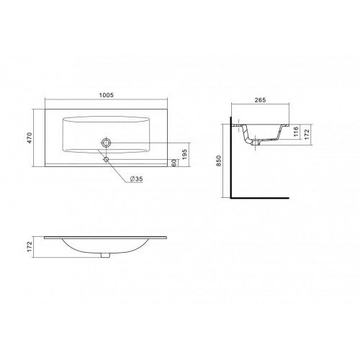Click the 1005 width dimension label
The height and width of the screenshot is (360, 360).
[x=106, y=95]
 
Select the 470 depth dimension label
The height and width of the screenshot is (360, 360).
[x=30, y=138]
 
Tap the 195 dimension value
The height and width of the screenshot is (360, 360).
[x=184, y=155]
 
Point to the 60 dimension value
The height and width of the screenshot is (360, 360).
[x=175, y=163]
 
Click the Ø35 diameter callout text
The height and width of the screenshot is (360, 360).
[x=136, y=179]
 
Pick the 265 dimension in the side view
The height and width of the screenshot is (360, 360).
[x=260, y=100]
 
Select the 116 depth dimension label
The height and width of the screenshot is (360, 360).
[x=296, y=132]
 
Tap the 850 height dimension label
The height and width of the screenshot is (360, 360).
[x=219, y=161]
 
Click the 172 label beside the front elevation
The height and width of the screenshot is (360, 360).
[x=30, y=247]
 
